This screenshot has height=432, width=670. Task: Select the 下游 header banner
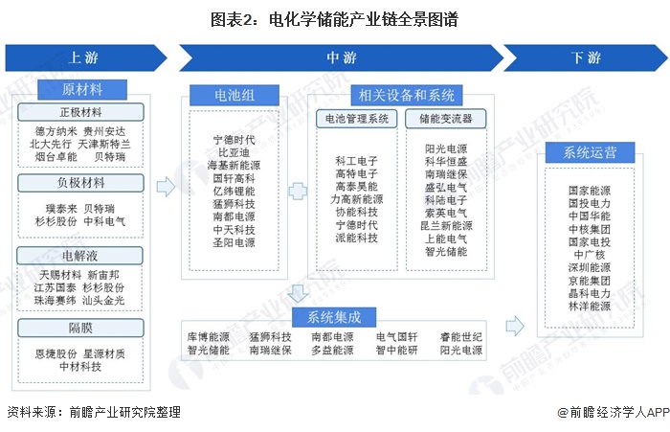coord(586,58)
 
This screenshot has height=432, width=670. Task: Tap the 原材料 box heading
coord(81,91)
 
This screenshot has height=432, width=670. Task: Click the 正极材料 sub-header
coord(81,112)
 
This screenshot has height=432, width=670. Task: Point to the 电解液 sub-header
coord(81,256)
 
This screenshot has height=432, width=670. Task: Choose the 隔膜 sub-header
coord(81,327)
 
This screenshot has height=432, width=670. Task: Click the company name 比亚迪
coord(234,152)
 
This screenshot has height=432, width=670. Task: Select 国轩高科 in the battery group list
coord(234,178)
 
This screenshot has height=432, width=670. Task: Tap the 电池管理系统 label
coord(357,119)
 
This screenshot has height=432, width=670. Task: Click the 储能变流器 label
coord(444,119)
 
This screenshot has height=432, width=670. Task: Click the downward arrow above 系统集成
coord(299,293)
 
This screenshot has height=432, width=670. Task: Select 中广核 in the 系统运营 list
coord(589,256)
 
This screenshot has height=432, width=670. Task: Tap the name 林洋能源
coord(589,307)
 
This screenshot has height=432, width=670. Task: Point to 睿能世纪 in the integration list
coord(461,338)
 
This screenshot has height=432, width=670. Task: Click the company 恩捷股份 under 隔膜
coord(56,353)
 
